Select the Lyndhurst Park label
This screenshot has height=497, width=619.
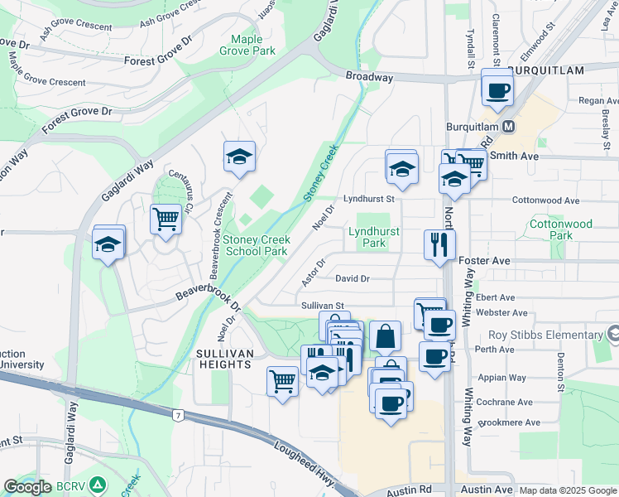[367, 238]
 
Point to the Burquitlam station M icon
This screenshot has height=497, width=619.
[510, 127]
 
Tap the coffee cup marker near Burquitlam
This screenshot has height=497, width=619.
[497, 89]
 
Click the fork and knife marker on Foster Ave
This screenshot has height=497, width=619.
[439, 244]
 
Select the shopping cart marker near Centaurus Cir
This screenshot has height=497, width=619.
[166, 220]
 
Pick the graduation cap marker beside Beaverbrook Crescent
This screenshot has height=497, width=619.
[239, 157]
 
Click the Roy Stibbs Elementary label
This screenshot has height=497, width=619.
[545, 335]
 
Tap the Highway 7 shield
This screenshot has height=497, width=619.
[177, 414]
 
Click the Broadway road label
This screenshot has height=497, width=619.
[370, 77]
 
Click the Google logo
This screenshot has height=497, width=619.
[28, 487]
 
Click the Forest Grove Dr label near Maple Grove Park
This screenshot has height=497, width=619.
[157, 60]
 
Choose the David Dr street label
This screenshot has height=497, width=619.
[353, 279]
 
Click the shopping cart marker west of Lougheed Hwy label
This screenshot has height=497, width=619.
[282, 382]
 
